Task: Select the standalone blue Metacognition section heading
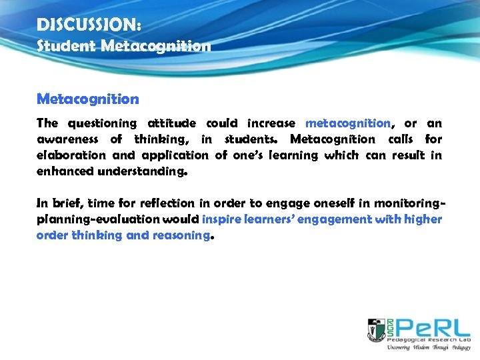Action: (88, 99)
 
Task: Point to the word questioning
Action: (97, 123)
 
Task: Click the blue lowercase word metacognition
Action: (348, 123)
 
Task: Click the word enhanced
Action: (65, 171)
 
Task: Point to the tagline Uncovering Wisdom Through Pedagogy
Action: (429, 347)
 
